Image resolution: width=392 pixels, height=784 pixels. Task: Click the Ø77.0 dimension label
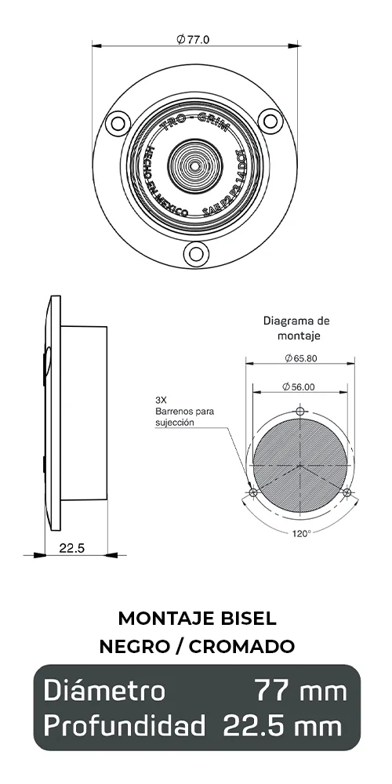tap(194, 39)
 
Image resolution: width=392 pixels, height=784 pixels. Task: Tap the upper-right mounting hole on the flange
tap(271, 122)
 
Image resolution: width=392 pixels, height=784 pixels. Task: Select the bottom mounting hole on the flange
tap(195, 252)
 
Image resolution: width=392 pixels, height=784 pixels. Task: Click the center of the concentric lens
tap(194, 166)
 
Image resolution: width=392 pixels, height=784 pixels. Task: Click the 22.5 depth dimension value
tap(71, 548)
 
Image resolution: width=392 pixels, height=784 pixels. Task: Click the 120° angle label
tap(302, 533)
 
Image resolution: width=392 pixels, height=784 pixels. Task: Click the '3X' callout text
tap(161, 399)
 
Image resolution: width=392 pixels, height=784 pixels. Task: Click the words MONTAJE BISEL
tap(197, 618)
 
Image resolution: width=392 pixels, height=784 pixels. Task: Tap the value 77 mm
tap(300, 691)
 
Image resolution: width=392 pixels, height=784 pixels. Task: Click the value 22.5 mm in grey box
tap(282, 725)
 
